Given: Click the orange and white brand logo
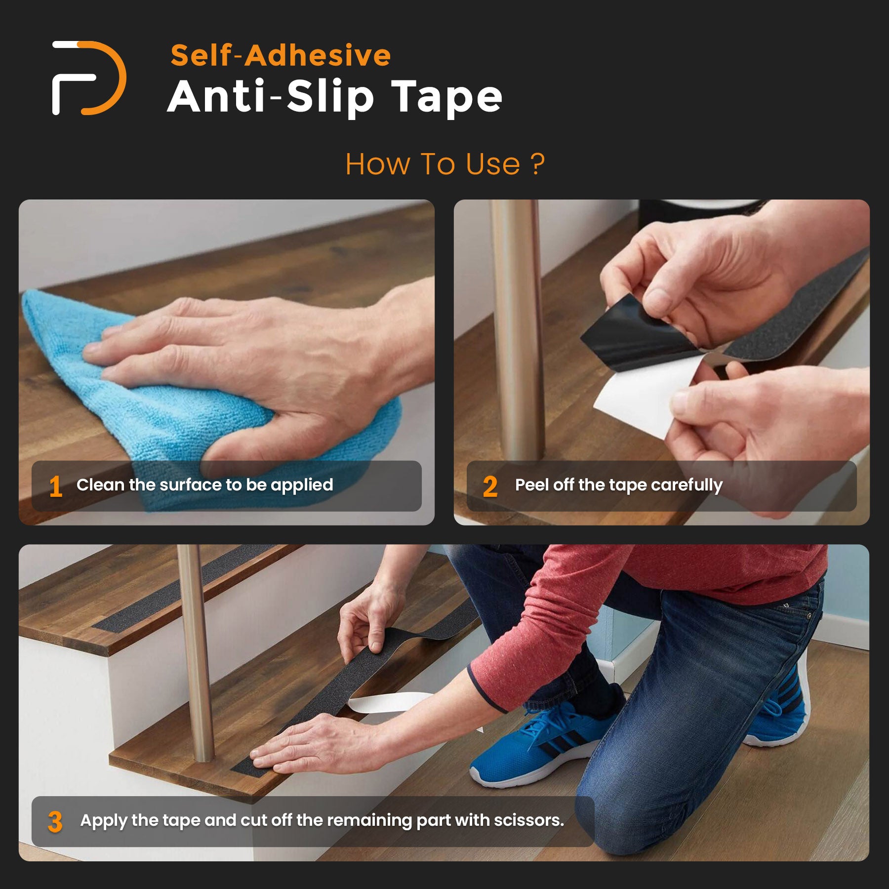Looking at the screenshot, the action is click(89, 78).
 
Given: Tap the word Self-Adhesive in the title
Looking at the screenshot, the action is click(281, 55).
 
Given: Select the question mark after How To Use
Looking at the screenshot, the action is click(538, 164).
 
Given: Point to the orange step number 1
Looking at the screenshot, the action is click(56, 486).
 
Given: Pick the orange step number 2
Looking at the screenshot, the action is click(490, 486).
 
